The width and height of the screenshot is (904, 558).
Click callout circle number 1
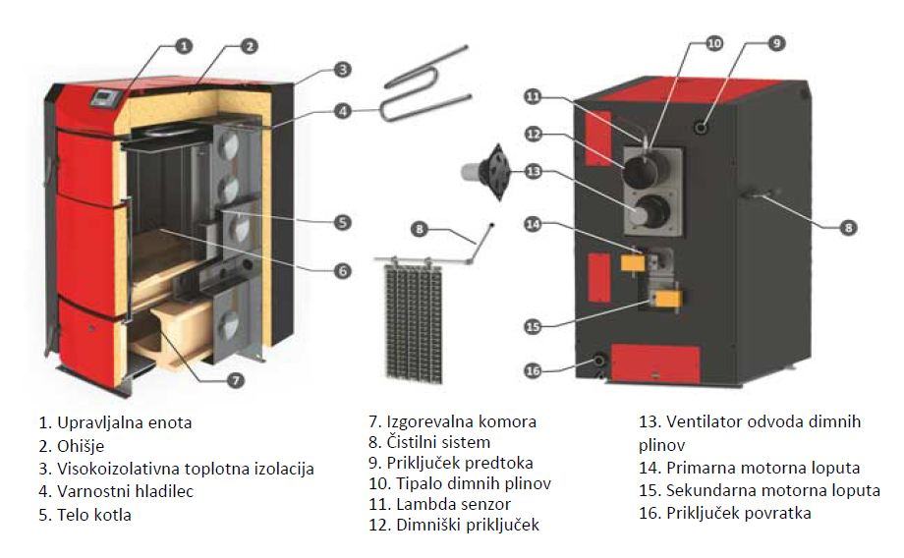pyautogui.click(x=185, y=45)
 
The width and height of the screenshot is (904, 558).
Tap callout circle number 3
pyautogui.click(x=341, y=70)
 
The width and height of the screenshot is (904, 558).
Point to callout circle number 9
pyautogui.click(x=775, y=43)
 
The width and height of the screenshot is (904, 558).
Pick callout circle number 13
pyautogui.click(x=533, y=172)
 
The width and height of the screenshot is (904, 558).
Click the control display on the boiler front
pyautogui.click(x=103, y=96)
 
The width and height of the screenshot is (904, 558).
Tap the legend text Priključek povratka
pyautogui.click(x=738, y=514)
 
